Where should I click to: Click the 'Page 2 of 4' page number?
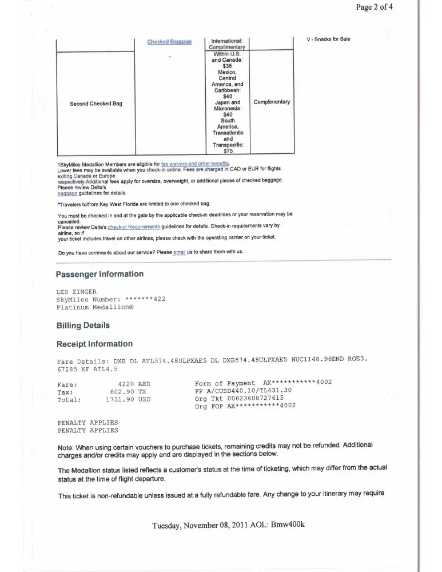click(x=387, y=7)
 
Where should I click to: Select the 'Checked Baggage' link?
click(x=169, y=42)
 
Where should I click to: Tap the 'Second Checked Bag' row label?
click(x=96, y=104)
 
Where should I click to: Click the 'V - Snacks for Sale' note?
click(x=328, y=39)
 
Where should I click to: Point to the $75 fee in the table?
click(x=228, y=152)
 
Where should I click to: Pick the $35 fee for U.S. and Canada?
click(x=228, y=66)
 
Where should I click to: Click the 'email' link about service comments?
click(x=180, y=252)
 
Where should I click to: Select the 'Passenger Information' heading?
click(x=100, y=274)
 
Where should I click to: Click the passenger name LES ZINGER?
click(x=77, y=292)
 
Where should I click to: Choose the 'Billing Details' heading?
click(x=83, y=325)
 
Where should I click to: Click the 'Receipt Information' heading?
click(x=94, y=344)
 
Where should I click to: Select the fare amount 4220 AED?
click(x=134, y=383)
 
